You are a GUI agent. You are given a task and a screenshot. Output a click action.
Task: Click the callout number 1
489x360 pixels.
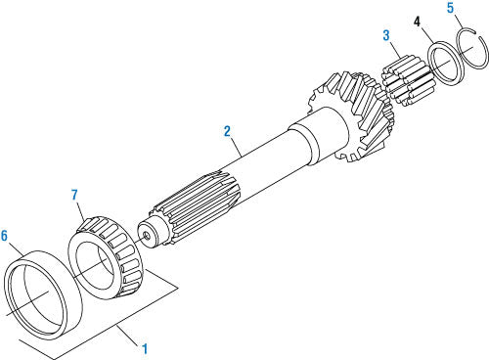pyautogui.click(x=145, y=349)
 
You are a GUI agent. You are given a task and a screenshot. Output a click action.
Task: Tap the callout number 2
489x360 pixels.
pyautogui.click(x=227, y=131)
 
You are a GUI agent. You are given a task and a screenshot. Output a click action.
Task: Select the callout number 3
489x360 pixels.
pyautogui.click(x=386, y=35)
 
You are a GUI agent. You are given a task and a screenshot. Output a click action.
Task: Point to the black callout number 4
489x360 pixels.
pyautogui.click(x=417, y=22)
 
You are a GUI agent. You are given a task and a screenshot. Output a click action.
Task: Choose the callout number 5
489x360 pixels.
pyautogui.click(x=450, y=8)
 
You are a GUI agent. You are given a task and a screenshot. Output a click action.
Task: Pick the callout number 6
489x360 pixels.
pyautogui.click(x=4, y=236)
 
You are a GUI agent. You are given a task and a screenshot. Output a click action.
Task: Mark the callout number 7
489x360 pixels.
pyautogui.click(x=74, y=195)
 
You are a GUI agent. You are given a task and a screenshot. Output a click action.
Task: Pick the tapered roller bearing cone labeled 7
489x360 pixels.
pyautogui.click(x=105, y=257)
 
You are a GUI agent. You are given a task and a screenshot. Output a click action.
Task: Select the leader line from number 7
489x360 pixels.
pyautogui.click(x=81, y=211)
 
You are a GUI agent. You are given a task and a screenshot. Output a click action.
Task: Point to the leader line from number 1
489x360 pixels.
pyautogui.click(x=128, y=336)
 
